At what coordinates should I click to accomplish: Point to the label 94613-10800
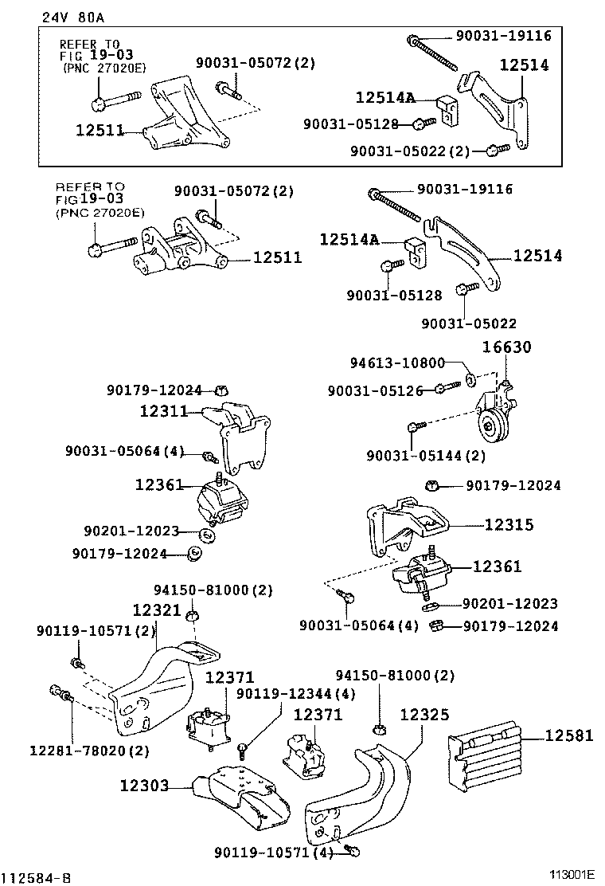(x=397, y=363)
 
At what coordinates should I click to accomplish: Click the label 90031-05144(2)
(x=425, y=456)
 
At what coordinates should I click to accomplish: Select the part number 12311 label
(x=162, y=412)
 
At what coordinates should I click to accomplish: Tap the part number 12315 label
(x=509, y=524)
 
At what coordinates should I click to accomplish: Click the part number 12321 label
(x=157, y=610)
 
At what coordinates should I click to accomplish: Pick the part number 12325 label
(x=423, y=715)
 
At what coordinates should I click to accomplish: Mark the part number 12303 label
(x=144, y=786)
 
